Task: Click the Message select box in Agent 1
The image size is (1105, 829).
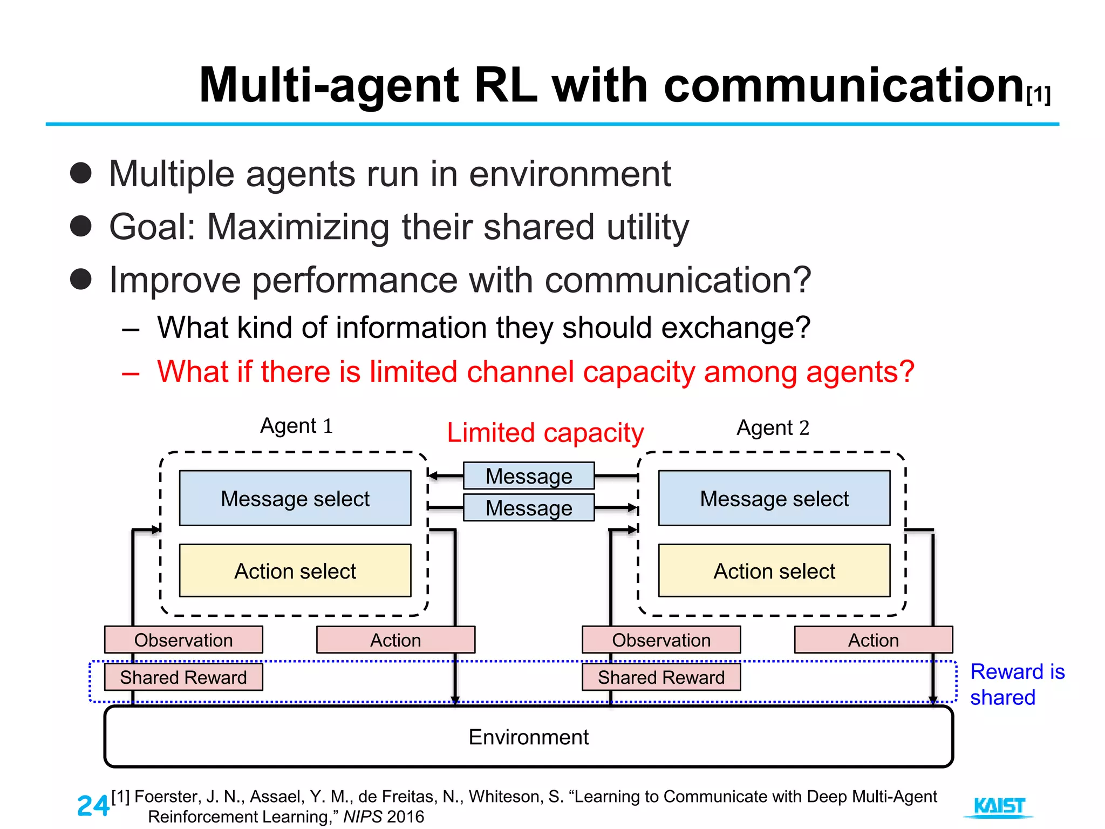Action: tap(295, 498)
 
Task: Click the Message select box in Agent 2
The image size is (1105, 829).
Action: tap(774, 498)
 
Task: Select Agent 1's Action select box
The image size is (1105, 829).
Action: tap(295, 570)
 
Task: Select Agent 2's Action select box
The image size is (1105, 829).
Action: tap(774, 570)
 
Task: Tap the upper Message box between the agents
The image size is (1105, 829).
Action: tap(529, 476)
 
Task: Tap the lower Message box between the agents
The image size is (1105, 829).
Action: tap(529, 508)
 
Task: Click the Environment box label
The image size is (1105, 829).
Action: tap(528, 737)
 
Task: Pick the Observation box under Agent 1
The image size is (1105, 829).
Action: tap(183, 640)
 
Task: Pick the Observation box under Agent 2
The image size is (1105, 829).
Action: tap(661, 640)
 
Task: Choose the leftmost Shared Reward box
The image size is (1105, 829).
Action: tap(183, 677)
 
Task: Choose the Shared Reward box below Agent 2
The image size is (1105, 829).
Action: tap(661, 677)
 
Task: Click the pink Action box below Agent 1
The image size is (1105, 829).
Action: tap(395, 640)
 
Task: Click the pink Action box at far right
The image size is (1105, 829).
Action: tap(873, 640)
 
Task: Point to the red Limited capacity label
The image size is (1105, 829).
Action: tap(545, 433)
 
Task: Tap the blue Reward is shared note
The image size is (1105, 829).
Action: tap(1017, 684)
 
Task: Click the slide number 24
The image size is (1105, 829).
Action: tap(93, 806)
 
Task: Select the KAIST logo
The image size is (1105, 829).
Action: tap(999, 807)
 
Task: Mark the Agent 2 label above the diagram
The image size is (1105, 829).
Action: tap(773, 427)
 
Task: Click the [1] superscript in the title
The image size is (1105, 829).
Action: tap(1039, 96)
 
